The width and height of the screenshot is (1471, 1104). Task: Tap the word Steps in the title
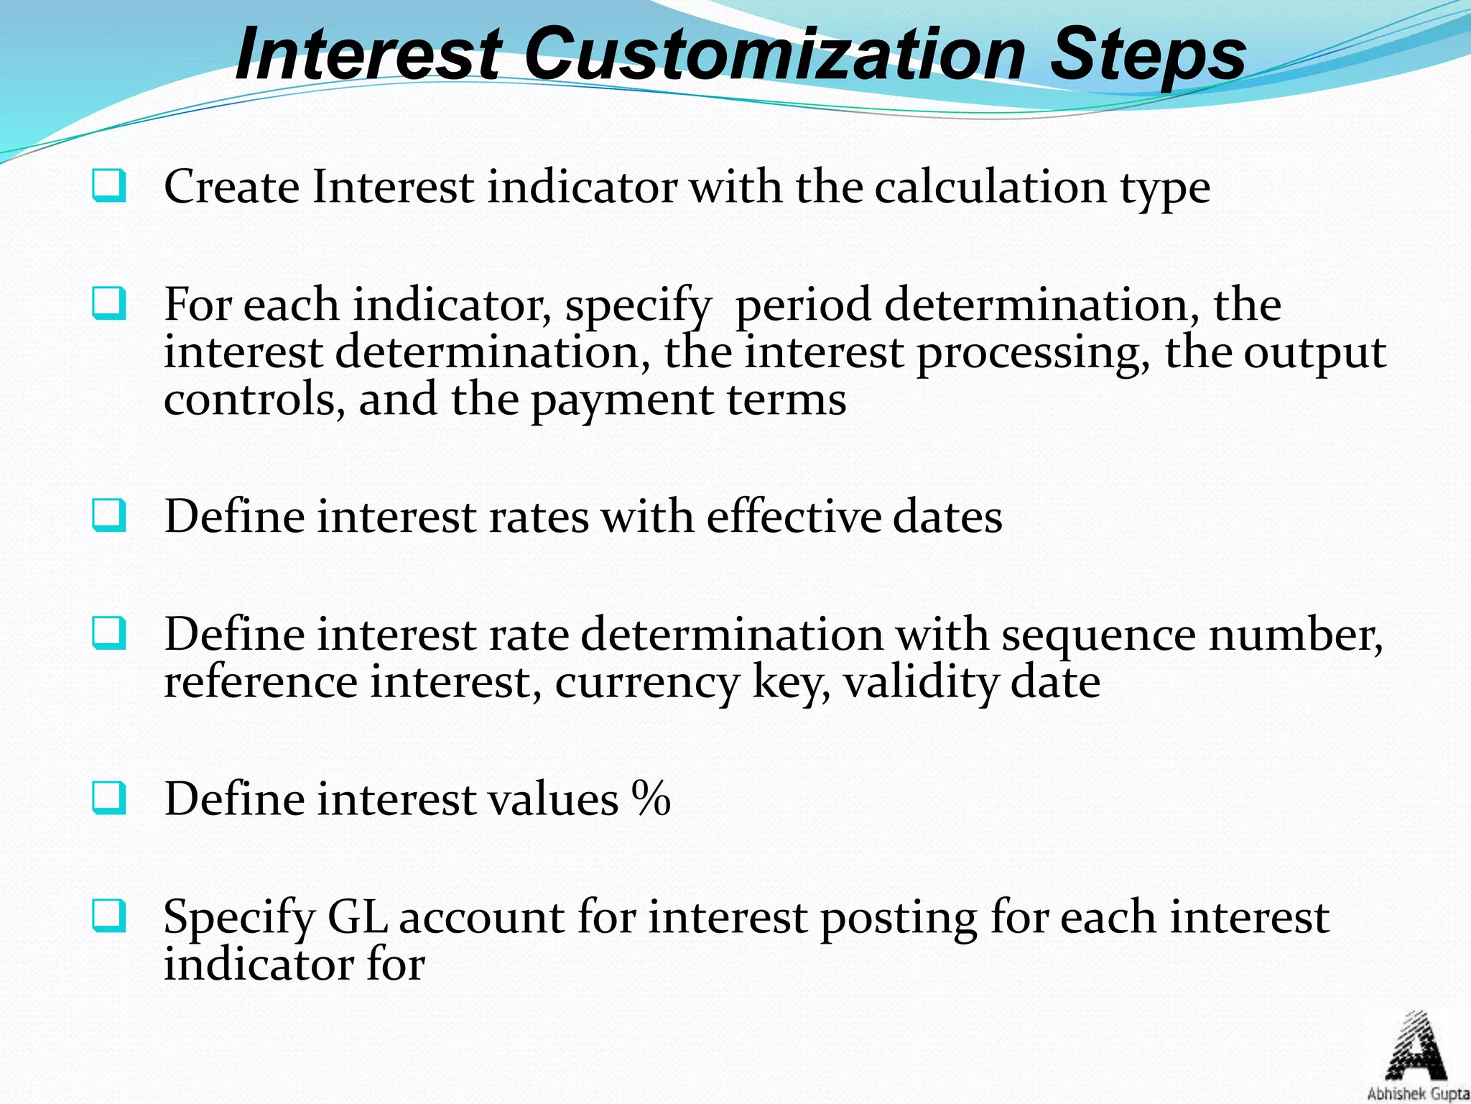tap(1148, 56)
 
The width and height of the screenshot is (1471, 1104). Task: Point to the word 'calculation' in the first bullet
tap(990, 188)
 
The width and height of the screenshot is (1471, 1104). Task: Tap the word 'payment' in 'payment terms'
tap(622, 402)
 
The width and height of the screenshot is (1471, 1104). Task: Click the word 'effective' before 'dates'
tap(793, 517)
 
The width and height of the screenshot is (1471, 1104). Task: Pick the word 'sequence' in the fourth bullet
tap(1098, 636)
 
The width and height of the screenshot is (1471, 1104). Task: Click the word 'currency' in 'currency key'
tap(646, 684)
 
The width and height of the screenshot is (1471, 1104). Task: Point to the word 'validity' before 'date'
tap(920, 683)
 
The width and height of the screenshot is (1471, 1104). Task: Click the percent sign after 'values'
tap(651, 799)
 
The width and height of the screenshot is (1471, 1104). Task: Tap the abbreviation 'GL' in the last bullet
tap(357, 918)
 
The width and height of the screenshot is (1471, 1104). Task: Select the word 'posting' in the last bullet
tap(898, 920)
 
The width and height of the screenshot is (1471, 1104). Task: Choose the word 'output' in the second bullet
tap(1314, 355)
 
